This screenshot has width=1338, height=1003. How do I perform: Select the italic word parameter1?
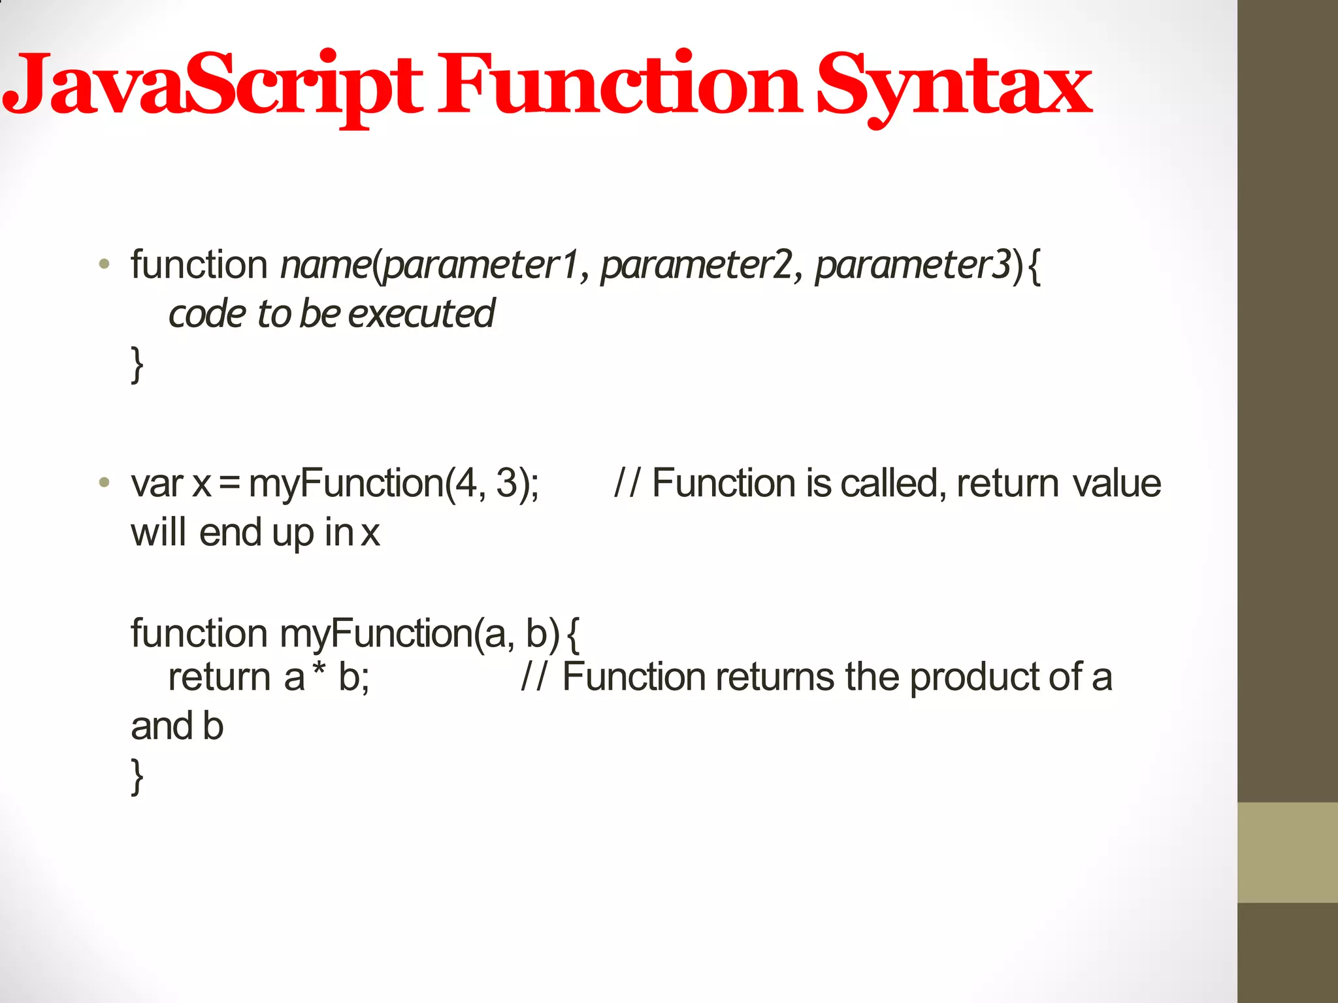[480, 266]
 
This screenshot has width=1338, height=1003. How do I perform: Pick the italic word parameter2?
[696, 266]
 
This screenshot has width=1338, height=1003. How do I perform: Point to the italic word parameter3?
[912, 266]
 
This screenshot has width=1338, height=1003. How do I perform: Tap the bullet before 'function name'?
[104, 265]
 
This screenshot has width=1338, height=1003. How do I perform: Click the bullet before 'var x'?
[104, 483]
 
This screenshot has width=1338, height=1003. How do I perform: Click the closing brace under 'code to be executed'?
[137, 364]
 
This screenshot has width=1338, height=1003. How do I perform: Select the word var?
[157, 485]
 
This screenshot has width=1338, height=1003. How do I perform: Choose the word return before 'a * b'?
[219, 677]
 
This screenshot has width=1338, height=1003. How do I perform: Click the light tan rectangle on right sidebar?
[1287, 852]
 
